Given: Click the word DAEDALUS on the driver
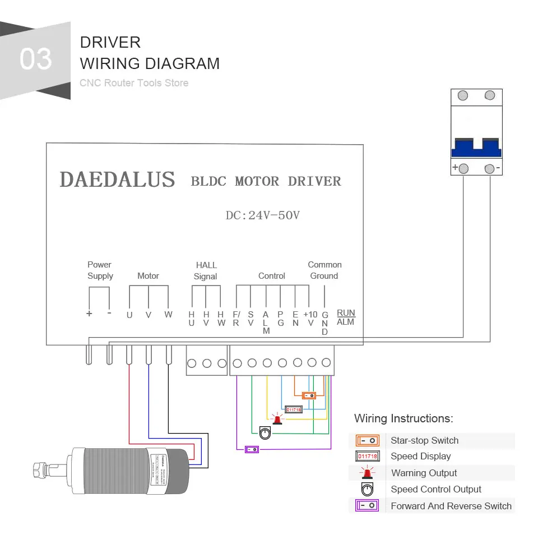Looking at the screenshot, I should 117,179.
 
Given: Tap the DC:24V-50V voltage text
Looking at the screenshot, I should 262,215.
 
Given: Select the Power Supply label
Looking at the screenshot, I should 100,270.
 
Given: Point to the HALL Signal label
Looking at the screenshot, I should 206,270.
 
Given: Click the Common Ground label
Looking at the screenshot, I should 324,270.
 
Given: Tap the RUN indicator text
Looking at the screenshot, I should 346,312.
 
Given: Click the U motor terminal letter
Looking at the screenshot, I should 129,315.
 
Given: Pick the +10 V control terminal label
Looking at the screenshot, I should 310,319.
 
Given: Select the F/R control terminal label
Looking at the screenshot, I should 236,319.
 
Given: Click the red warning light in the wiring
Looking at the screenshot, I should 276,419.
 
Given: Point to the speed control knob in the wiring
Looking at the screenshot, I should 265,432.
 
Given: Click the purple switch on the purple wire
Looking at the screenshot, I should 252,449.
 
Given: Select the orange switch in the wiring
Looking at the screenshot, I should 309,395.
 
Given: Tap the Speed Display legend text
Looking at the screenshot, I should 420,457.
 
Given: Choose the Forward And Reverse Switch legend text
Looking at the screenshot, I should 451,506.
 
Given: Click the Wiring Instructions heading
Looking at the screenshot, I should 403,418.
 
